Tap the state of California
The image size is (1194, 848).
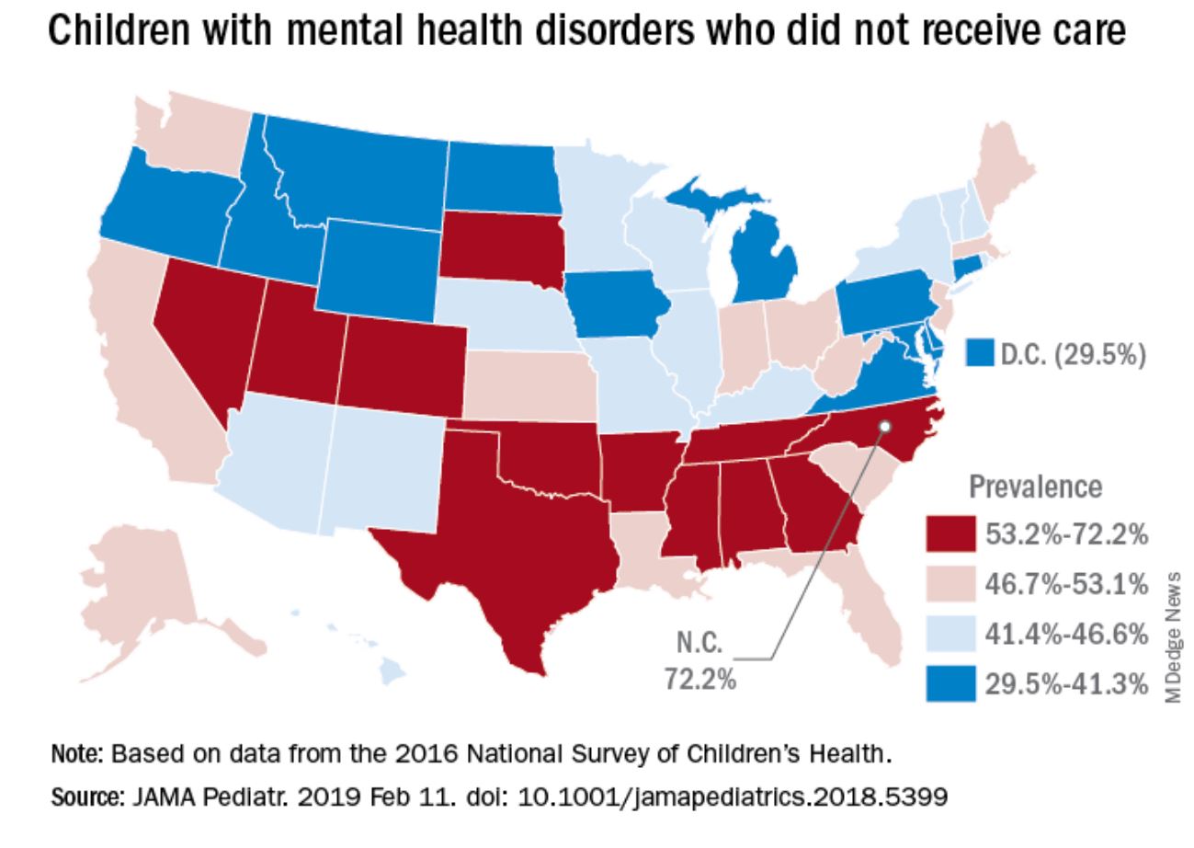(x=147, y=368)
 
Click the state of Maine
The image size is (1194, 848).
(x=1002, y=175)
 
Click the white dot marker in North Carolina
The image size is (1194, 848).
(x=884, y=427)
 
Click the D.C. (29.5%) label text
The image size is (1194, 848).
(x=1072, y=354)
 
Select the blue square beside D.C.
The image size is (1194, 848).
(x=980, y=354)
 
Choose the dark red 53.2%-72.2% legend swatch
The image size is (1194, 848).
(x=950, y=534)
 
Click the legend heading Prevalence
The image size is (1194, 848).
(x=1035, y=487)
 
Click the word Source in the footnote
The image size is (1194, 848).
(x=77, y=795)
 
